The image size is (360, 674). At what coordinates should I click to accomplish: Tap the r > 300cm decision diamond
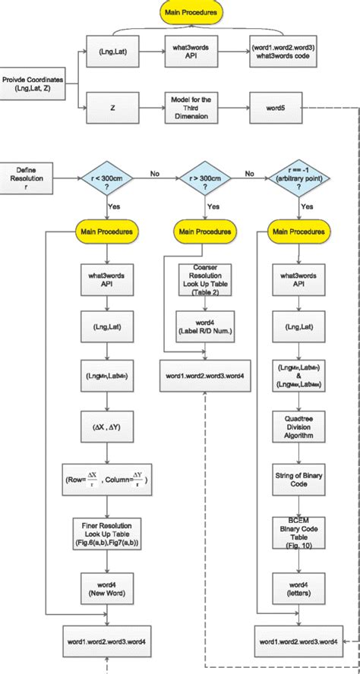click(x=201, y=181)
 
